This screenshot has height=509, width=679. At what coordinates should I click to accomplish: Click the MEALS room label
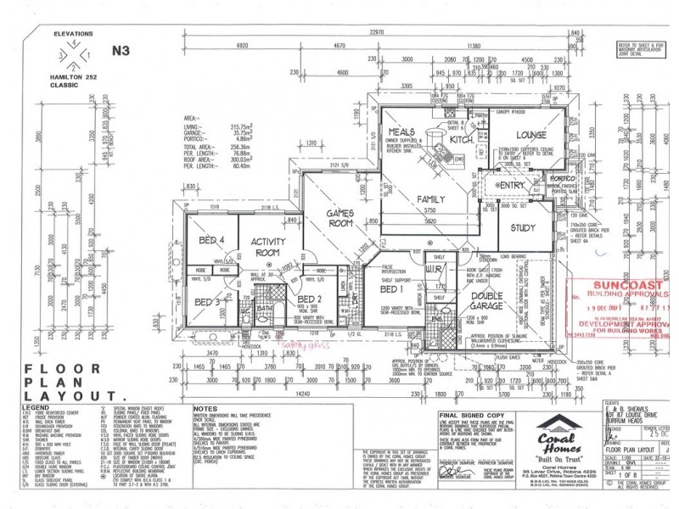[x=401, y=133]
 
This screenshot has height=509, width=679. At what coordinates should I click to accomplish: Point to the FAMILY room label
[x=431, y=198]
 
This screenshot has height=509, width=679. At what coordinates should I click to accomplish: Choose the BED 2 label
[x=310, y=299]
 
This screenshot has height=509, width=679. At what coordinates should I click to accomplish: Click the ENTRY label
[x=513, y=185]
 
